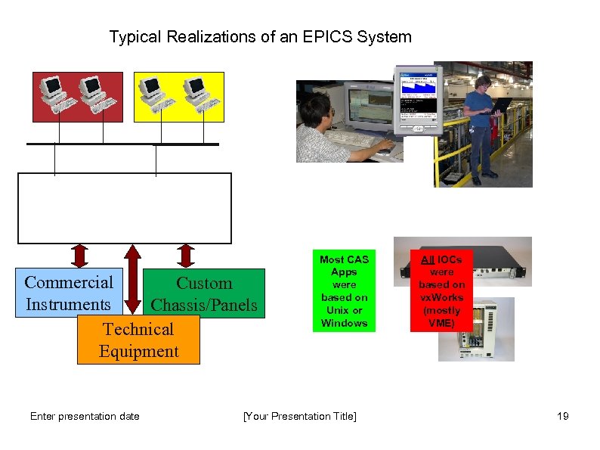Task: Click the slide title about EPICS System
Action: tap(260, 36)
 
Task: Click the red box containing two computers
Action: tap(77, 97)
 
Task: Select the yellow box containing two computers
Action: tap(178, 97)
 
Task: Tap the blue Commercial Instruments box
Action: tap(68, 293)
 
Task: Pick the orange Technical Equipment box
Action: tap(138, 340)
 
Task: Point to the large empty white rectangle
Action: tap(125, 208)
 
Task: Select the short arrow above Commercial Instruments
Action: tap(80, 256)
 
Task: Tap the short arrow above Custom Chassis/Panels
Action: tap(186, 256)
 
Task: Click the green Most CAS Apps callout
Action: tap(344, 291)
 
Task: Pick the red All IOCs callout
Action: tap(441, 291)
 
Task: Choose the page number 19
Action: tap(562, 416)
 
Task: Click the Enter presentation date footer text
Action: tap(85, 416)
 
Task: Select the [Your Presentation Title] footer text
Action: tap(299, 416)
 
